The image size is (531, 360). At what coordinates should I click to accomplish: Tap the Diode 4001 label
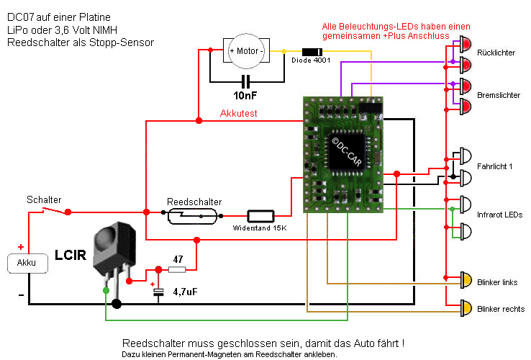(x=311, y=60)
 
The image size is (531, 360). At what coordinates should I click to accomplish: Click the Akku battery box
(x=27, y=264)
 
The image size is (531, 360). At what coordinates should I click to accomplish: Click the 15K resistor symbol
(x=260, y=215)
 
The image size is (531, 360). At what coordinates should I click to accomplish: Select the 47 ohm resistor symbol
(x=177, y=269)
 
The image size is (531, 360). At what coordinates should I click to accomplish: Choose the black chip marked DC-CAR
(x=347, y=152)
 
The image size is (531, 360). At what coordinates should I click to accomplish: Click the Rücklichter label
(x=496, y=53)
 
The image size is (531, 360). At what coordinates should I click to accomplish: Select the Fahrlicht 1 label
(x=494, y=167)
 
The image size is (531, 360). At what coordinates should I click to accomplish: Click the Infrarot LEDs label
(x=499, y=215)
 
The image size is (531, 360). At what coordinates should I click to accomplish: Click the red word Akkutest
(x=238, y=113)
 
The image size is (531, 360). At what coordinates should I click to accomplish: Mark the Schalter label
(x=44, y=199)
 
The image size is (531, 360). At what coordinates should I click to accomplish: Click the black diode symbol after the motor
(x=312, y=51)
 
